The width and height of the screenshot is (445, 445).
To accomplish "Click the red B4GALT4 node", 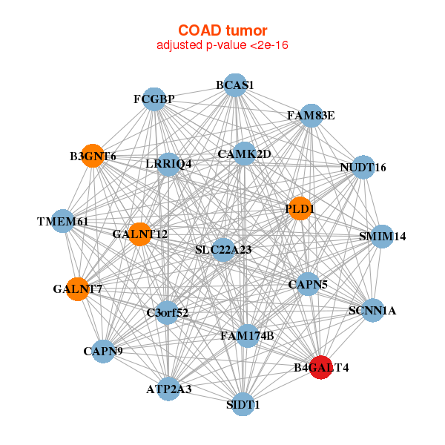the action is [320, 367].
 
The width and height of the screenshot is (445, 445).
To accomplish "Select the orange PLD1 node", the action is [300, 208].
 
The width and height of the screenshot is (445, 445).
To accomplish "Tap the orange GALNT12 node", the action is [139, 234].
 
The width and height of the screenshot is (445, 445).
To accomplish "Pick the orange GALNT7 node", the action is [77, 289].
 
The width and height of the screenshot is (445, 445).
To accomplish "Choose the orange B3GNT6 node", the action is [93, 156].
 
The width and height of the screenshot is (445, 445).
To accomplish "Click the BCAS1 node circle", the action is [235, 85].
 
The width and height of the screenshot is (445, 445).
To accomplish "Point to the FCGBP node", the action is [154, 99].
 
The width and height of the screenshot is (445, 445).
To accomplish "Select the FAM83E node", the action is [311, 116].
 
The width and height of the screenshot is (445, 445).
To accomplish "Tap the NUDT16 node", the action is [363, 167].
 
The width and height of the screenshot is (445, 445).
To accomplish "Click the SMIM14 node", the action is [382, 237].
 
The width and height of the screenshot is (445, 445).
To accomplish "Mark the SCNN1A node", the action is [372, 310].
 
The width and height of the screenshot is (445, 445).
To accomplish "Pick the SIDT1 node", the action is [243, 404].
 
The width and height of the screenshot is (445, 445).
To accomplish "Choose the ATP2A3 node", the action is [169, 389].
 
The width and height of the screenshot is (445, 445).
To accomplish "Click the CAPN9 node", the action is [103, 352].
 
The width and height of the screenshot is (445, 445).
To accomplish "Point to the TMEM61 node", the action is [63, 221].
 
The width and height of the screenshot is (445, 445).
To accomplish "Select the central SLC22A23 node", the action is [224, 250].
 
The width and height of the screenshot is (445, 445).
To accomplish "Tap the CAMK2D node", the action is [244, 154].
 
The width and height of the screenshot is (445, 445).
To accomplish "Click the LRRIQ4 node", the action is [168, 165].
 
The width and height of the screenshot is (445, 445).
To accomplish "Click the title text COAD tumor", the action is [222, 30].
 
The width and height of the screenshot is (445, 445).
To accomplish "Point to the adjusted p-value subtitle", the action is [222, 45].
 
